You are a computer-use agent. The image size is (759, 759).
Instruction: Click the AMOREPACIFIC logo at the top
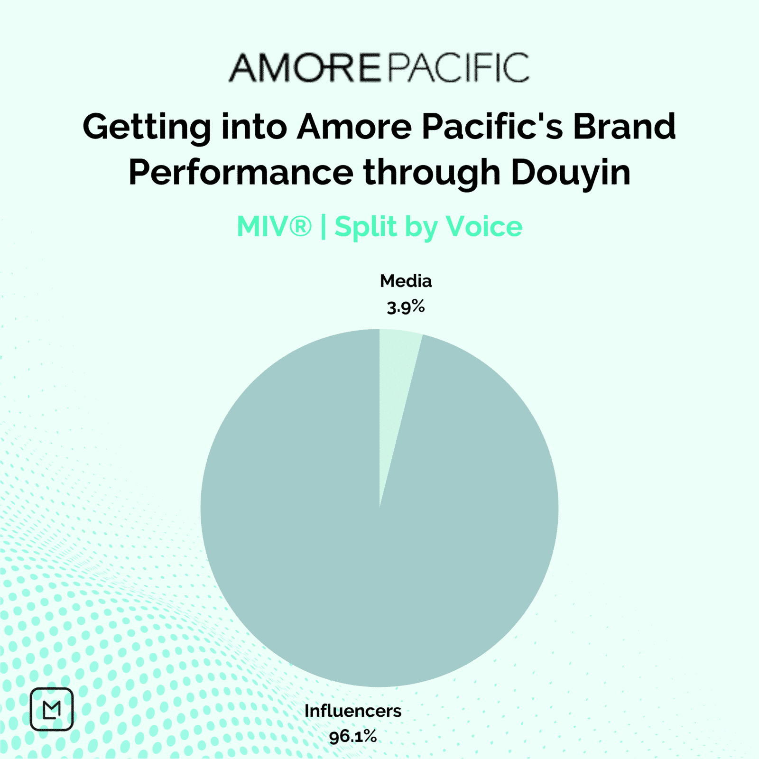coord(379,67)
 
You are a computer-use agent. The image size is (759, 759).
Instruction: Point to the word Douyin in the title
coord(571,173)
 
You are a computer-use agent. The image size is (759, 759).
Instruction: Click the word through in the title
coord(432,173)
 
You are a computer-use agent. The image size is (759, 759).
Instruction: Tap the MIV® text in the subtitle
coord(274,226)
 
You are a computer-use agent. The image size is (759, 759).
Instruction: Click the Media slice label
coord(406,281)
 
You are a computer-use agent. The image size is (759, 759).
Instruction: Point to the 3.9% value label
coord(406,307)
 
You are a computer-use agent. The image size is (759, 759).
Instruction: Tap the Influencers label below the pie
coord(353,711)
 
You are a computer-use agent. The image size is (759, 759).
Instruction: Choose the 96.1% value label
coord(353,737)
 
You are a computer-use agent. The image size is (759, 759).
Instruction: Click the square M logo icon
coord(52,709)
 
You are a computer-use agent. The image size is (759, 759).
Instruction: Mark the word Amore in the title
coord(354,127)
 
